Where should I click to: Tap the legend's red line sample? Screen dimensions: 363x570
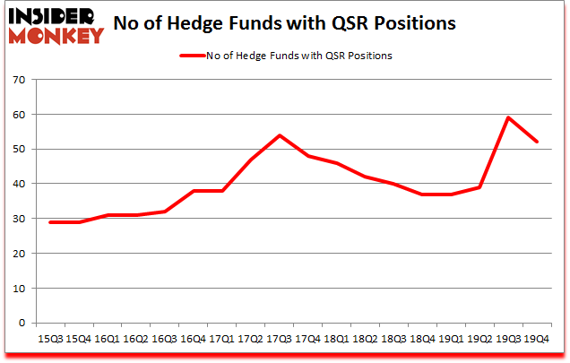tap(194, 56)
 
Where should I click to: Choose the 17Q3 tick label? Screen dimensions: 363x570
tap(278, 340)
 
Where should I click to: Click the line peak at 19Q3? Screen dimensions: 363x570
tap(508, 117)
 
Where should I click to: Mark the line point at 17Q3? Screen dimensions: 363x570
tap(278, 135)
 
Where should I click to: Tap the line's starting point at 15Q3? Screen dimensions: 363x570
tap(49, 222)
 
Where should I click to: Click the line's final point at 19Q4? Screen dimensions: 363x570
tap(536, 142)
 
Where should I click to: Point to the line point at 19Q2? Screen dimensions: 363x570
tap(480, 187)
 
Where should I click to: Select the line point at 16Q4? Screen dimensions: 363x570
tap(194, 191)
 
